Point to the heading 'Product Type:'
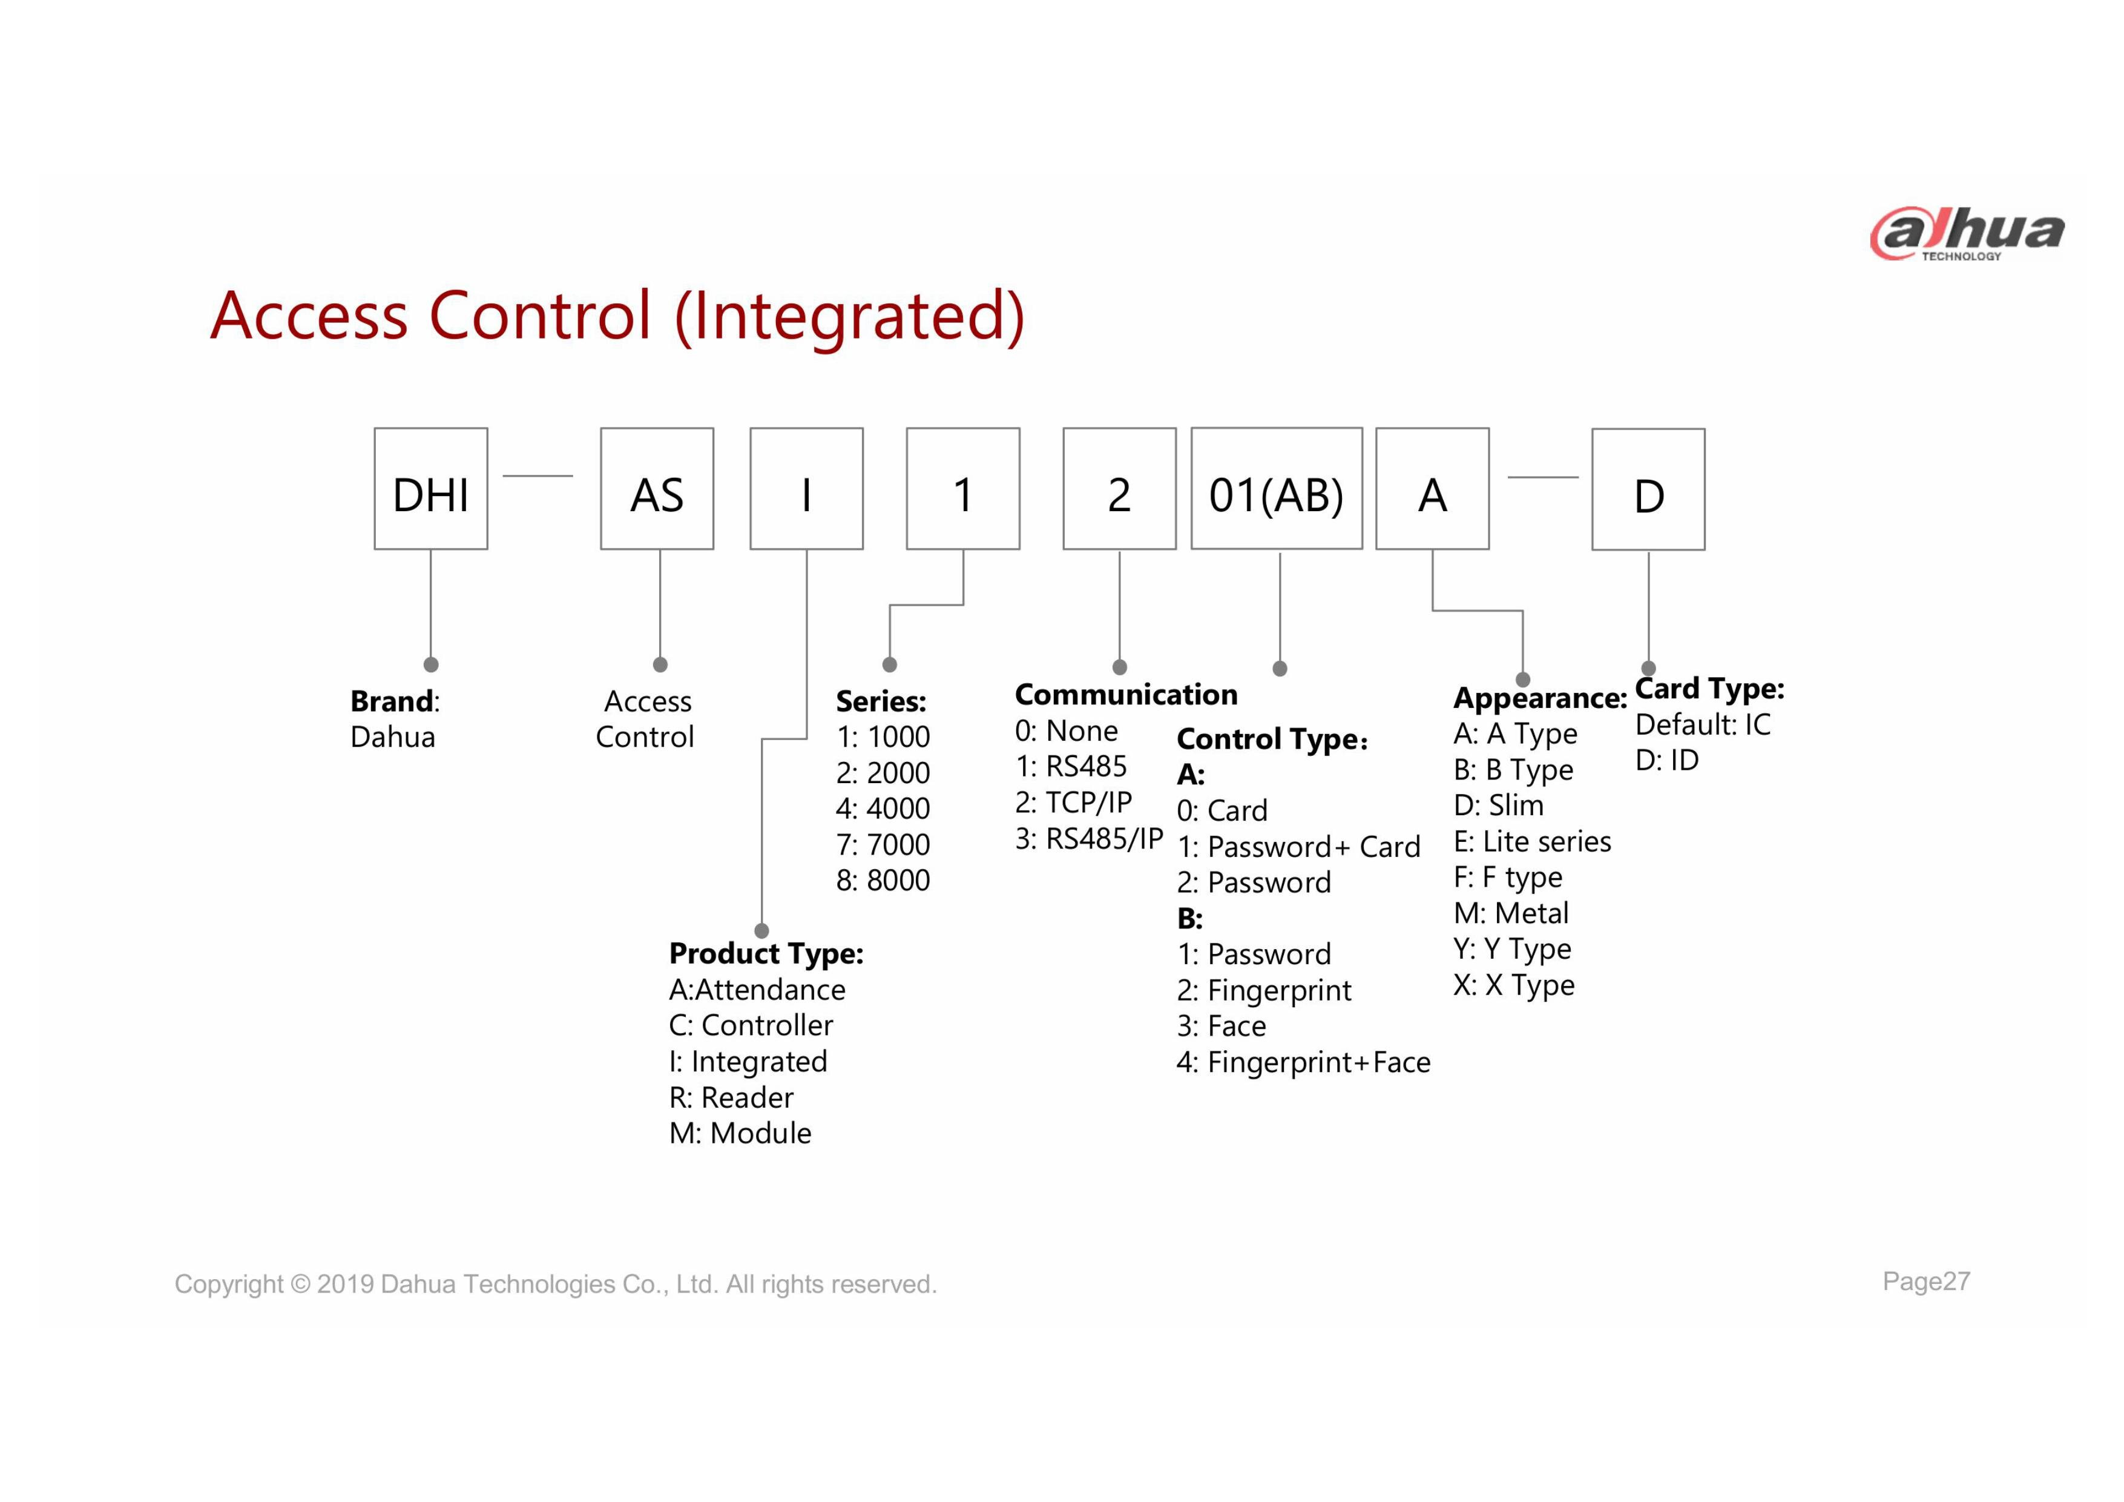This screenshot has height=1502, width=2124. click(766, 953)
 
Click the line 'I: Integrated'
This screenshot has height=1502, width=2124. click(748, 1062)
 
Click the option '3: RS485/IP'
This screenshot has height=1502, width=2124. click(1089, 838)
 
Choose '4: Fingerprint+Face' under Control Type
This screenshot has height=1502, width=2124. click(1303, 1062)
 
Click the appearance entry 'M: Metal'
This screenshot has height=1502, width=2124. click(1511, 913)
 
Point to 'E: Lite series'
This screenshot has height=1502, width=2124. click(1532, 841)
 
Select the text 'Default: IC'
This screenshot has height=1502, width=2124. click(1703, 724)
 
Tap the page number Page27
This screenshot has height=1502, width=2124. click(1926, 1282)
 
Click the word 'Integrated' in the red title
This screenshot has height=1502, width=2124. click(849, 316)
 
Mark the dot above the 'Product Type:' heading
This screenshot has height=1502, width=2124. click(761, 930)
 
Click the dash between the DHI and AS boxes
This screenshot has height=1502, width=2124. click(538, 475)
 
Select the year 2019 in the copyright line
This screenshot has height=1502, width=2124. click(345, 1285)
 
